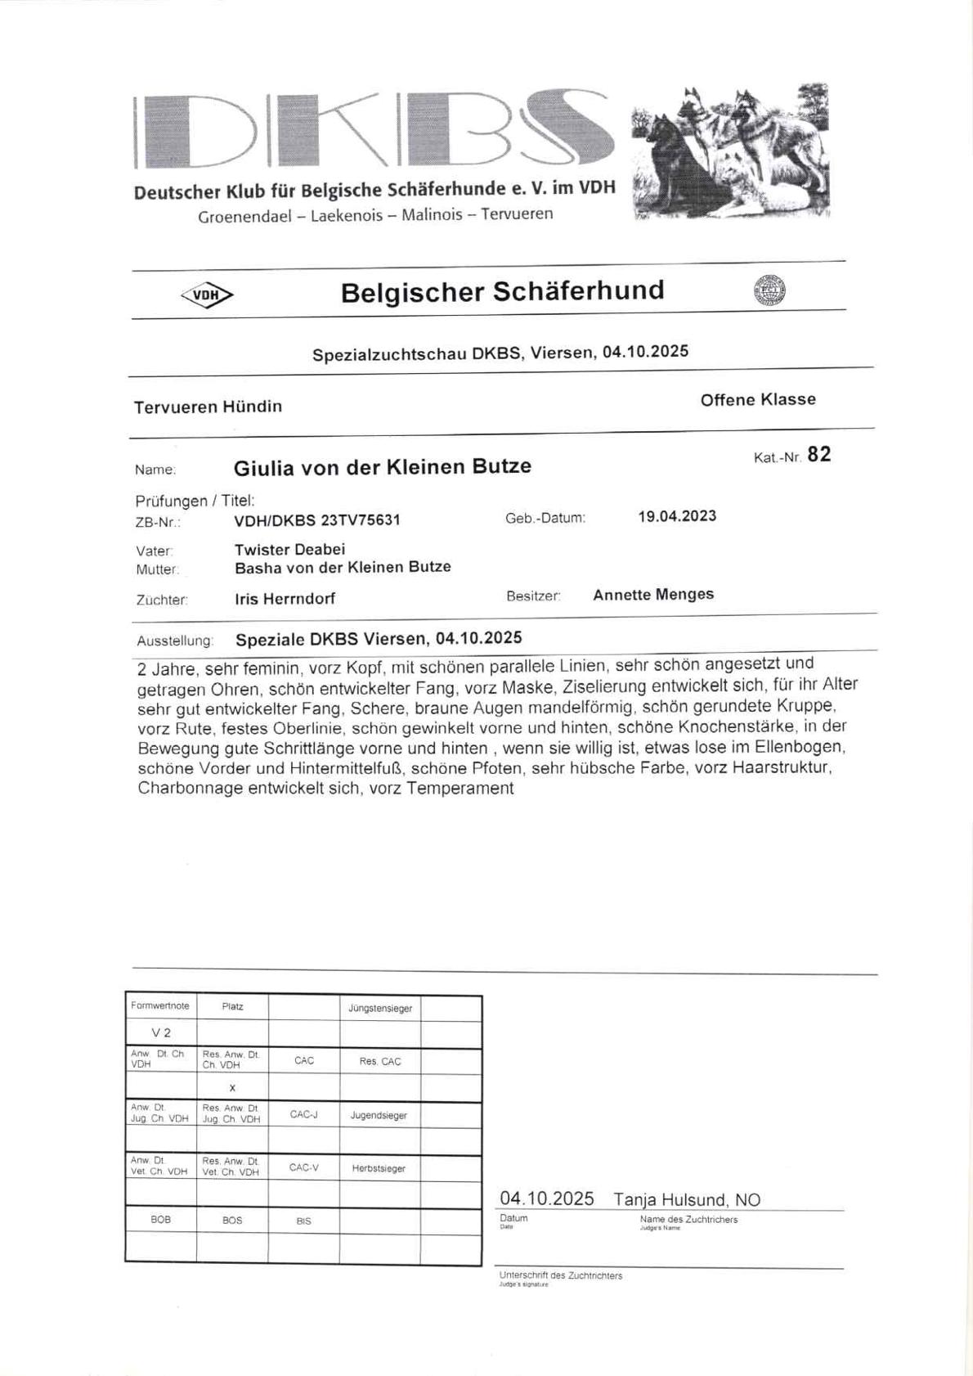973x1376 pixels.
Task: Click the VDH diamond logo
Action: tap(207, 295)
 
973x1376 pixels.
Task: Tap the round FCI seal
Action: tap(769, 290)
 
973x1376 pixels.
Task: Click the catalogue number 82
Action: tap(818, 455)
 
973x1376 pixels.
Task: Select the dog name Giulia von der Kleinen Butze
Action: tap(382, 467)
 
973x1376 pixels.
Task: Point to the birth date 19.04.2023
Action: tap(677, 516)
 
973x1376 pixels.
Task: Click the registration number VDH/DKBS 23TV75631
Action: tap(317, 520)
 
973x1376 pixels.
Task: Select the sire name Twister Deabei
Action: tap(289, 549)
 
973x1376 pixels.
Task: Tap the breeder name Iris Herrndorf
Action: tap(285, 599)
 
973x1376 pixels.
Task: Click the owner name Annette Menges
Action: tap(653, 595)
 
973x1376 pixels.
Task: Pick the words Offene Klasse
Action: tap(758, 400)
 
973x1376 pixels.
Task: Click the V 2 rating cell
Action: tap(161, 1033)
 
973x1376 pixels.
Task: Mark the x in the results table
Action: tap(232, 1087)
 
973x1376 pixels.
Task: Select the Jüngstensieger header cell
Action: tap(379, 1008)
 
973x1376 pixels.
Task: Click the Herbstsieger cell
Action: tap(379, 1168)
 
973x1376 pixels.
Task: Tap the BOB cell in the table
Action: tap(161, 1220)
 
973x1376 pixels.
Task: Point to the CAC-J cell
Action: tap(303, 1114)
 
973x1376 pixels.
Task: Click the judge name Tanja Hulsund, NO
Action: tap(687, 1200)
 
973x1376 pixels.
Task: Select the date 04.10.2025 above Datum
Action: tap(546, 1198)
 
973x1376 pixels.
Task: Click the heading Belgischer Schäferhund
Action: tap(502, 291)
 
